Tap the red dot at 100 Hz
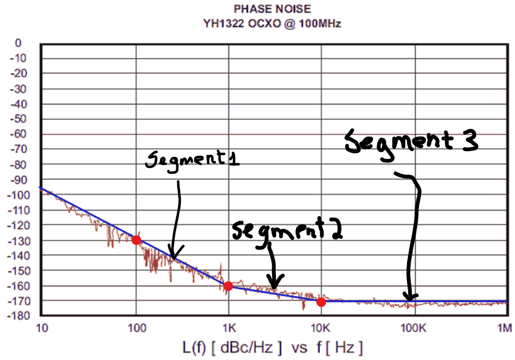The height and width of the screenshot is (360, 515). coord(136,240)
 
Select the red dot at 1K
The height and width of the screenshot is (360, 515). coord(228,286)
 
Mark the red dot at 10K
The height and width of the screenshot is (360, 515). coord(321,302)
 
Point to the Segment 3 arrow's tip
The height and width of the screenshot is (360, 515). coord(410,299)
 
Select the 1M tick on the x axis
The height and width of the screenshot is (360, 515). coord(504,327)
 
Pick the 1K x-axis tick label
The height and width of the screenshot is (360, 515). coord(228,327)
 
